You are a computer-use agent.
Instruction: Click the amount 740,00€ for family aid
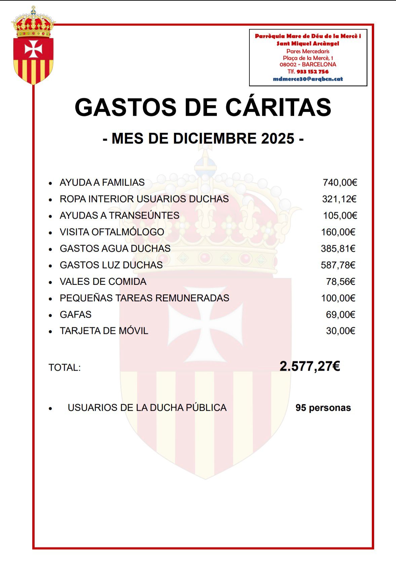coord(340,183)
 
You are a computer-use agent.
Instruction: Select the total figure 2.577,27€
coord(310,366)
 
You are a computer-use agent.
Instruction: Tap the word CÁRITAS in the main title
coord(278,108)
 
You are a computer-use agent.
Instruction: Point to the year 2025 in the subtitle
coord(278,139)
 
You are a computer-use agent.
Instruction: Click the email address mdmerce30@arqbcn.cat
coord(308,79)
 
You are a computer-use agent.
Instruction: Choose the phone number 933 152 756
coord(312,72)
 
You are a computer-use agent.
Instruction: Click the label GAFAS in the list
coord(76,314)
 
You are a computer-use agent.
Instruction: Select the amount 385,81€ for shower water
coord(338,249)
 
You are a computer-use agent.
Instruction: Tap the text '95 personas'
coord(323,408)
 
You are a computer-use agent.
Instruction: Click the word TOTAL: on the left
coord(65,368)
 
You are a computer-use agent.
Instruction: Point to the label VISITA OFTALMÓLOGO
coord(112,232)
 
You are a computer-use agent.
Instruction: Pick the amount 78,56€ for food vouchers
coord(341,281)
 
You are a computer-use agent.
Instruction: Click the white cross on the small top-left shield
coord(33,49)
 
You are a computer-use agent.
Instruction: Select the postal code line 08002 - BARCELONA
coord(308,65)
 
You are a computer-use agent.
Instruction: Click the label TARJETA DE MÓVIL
coord(104,331)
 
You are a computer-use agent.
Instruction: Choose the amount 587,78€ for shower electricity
coord(338,265)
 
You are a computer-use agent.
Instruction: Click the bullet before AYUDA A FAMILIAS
coord(50,183)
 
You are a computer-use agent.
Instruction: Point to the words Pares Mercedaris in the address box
coord(308,51)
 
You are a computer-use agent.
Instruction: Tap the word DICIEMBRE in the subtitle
coord(215,139)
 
